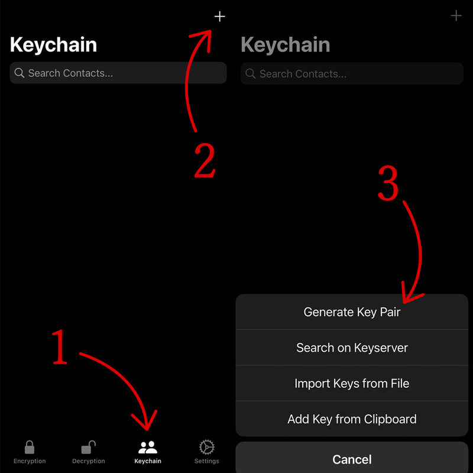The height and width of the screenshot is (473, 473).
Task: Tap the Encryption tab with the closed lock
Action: click(x=30, y=452)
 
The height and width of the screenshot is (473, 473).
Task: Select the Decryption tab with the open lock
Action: click(x=88, y=452)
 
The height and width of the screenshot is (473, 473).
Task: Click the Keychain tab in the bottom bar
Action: click(x=147, y=452)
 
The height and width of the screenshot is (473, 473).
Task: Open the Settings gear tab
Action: click(x=206, y=452)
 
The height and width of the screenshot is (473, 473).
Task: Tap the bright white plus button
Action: click(x=219, y=17)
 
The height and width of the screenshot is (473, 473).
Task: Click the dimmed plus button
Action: click(x=456, y=16)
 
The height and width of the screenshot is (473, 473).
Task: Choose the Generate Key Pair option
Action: click(x=352, y=312)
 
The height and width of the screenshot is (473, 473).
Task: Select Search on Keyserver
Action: click(x=352, y=348)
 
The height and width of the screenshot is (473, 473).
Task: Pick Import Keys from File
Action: click(x=352, y=383)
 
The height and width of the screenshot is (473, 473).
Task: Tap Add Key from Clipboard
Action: click(x=352, y=419)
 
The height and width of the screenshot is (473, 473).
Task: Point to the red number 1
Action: click(x=60, y=347)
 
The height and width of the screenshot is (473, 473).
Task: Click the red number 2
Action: click(x=205, y=160)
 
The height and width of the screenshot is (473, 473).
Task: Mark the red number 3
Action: click(x=388, y=183)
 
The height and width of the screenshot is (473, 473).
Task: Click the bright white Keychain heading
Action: click(x=53, y=45)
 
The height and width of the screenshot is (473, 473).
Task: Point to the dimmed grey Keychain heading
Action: click(x=285, y=45)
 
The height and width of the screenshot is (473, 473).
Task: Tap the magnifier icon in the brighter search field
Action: click(x=20, y=73)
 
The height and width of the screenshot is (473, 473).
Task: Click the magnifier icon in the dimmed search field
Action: click(x=250, y=73)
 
